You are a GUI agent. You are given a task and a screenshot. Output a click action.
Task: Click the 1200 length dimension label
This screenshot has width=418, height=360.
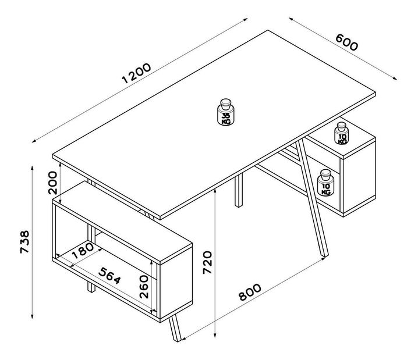click(136, 73)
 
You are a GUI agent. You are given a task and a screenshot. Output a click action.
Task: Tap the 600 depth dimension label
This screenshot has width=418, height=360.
click(346, 42)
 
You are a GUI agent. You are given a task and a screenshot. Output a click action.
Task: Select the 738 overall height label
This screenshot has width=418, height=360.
click(25, 242)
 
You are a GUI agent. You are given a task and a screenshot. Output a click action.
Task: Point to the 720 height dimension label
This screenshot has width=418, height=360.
click(207, 262)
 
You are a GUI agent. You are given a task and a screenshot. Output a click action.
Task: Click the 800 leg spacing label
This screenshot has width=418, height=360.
click(250, 292)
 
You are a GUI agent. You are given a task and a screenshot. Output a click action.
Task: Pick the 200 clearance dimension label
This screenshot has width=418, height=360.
click(52, 183)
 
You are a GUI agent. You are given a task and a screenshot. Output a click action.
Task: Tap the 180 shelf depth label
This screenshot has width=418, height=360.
click(83, 251)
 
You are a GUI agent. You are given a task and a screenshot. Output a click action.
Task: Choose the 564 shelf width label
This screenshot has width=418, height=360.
click(109, 276)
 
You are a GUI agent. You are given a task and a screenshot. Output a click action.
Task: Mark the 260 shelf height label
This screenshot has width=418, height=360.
click(144, 287)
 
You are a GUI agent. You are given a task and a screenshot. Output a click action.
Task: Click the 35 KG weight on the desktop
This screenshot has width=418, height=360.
click(226, 112)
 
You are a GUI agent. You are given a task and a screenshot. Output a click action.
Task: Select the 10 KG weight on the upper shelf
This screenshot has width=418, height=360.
click(342, 133)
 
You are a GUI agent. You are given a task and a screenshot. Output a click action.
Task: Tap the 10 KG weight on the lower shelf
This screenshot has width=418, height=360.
click(325, 183)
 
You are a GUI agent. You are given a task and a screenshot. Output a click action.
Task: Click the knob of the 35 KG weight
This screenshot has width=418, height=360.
click(226, 104)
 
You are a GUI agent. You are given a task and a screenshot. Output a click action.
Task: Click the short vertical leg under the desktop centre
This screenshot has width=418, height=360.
click(239, 190)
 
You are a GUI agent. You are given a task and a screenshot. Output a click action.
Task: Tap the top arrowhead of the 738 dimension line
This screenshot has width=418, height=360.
click(32, 168)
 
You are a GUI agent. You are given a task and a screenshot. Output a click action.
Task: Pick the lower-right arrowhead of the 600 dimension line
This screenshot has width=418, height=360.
click(395, 78)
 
